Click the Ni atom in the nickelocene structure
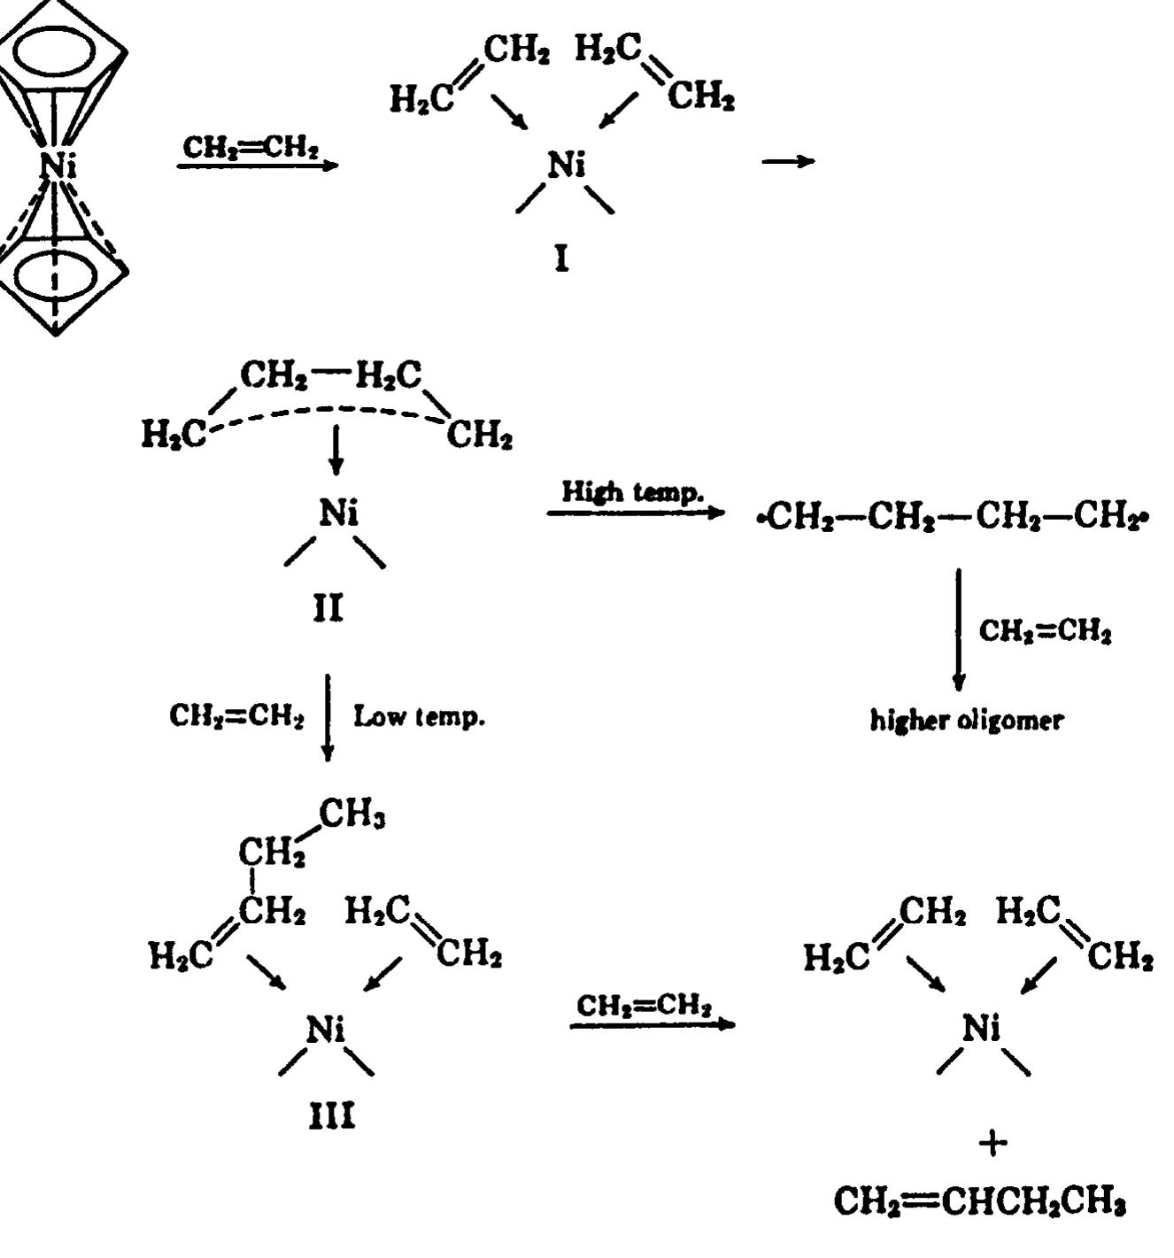point(57,166)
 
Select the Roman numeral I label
point(560,259)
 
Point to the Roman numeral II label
point(328,609)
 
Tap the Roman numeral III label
point(332,1117)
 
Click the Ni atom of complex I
point(566,166)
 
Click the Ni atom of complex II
point(339,513)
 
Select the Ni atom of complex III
point(326,1029)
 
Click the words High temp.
point(632,491)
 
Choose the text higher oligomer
point(966,721)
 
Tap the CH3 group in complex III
point(352,814)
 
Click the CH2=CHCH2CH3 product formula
point(980,1203)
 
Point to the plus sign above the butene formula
point(992,1143)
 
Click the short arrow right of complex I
point(788,162)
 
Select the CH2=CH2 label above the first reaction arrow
point(251,146)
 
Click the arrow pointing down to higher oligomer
point(958,629)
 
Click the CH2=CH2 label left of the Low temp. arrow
point(237,716)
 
